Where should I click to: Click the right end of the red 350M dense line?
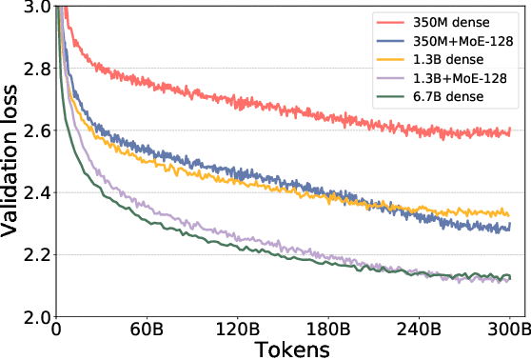pos(510,130)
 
